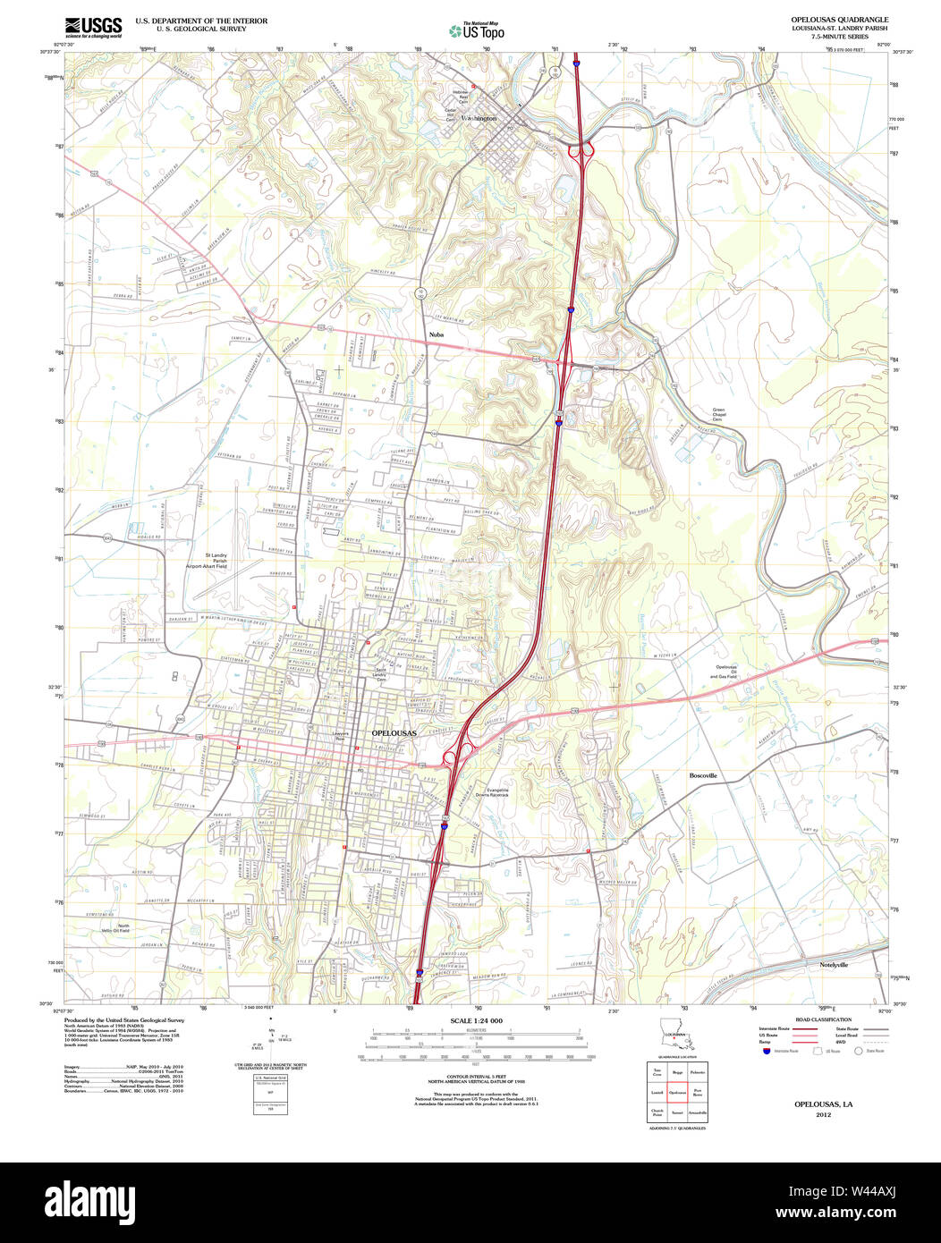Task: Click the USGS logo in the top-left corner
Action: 93,26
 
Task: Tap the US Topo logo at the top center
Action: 477,31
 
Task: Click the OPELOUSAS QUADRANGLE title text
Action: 839,20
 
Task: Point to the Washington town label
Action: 479,118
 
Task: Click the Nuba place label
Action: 437,334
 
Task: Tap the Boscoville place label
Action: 703,775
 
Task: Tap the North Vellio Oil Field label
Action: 117,929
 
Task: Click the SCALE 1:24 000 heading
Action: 476,1021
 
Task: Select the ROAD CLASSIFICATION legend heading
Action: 822,1019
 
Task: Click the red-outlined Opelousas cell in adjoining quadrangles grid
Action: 677,1093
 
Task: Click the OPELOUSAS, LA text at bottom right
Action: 823,1104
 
